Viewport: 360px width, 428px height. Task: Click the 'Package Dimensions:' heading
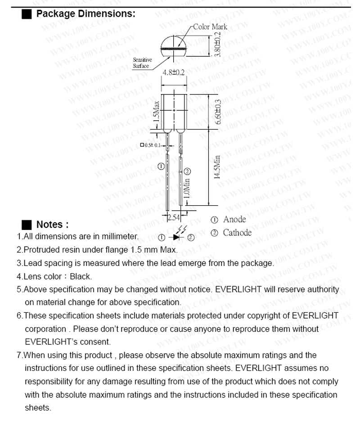85,14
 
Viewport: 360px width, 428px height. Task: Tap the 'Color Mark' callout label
210,27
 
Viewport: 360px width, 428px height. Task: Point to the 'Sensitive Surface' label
142,63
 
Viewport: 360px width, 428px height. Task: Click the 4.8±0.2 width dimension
173,72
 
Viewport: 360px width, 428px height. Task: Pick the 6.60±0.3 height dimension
218,112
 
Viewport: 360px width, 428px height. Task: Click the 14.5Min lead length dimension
217,167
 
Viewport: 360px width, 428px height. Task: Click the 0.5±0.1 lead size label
151,145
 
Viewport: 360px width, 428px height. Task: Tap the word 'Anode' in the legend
234,220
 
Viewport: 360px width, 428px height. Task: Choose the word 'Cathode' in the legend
237,233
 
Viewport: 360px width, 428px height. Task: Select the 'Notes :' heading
52,225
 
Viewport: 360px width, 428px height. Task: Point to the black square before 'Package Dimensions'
27,14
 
